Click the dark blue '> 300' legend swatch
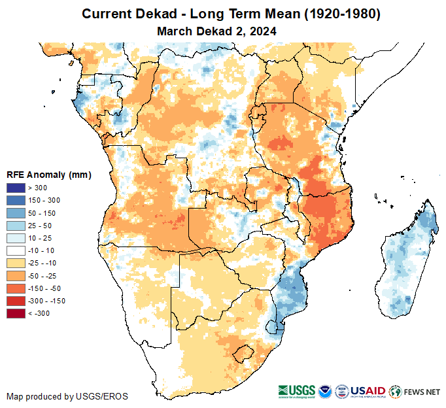point(16,188)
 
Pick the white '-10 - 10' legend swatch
point(16,251)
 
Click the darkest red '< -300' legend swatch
point(16,314)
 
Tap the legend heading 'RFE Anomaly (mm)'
point(48,175)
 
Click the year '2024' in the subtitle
point(262,31)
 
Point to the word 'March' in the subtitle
point(174,31)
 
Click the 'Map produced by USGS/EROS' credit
point(67,396)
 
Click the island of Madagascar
point(406,258)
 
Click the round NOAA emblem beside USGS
point(325,391)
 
